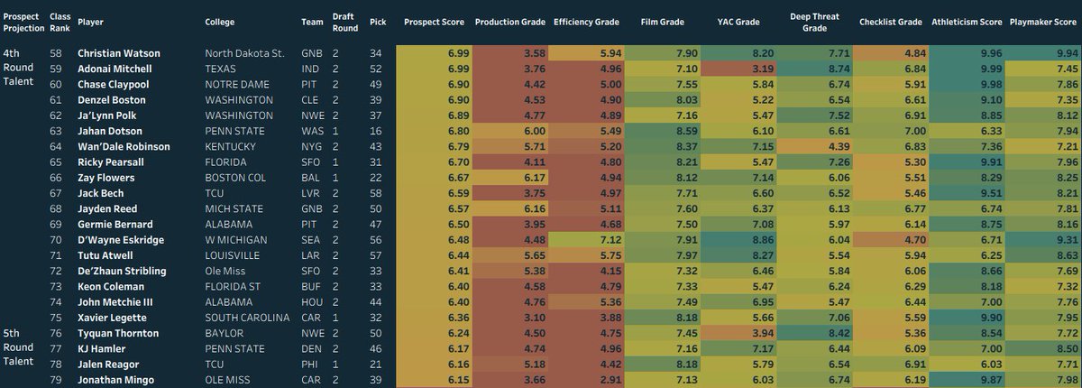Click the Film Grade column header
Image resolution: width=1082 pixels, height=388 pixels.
pos(662,23)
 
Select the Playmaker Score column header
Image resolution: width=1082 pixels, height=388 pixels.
pos(1043,23)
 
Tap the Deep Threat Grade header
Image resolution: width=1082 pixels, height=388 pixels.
pos(814,23)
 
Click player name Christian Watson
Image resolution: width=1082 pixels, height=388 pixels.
pos(119,53)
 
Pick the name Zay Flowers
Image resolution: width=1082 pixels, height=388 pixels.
pos(106,178)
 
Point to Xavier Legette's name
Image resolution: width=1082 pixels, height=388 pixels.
pos(112,318)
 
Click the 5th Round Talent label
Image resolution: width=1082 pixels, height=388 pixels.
pos(18,346)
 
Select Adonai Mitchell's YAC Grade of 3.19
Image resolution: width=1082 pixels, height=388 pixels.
pos(763,69)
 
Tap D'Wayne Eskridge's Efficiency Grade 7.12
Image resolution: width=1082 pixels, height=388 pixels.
pos(610,240)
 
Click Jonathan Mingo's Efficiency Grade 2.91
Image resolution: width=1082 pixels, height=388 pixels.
pos(610,380)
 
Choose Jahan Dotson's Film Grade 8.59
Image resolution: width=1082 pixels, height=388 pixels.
pos(686,131)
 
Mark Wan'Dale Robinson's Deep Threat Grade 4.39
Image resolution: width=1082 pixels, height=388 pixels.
pos(839,147)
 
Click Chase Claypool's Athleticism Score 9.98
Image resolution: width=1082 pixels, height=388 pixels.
pos(991,85)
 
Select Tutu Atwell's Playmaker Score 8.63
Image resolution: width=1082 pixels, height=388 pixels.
pos(1067,255)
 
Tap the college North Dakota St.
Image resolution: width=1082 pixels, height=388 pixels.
pos(244,53)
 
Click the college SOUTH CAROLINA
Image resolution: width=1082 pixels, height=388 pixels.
pos(247,318)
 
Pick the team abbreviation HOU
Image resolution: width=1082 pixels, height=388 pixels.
pos(312,302)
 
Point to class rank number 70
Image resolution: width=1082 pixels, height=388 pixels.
pos(56,240)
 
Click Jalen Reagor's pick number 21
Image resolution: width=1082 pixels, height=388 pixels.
pos(375,365)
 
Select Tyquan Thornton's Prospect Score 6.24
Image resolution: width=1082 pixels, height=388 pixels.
pos(458,333)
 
